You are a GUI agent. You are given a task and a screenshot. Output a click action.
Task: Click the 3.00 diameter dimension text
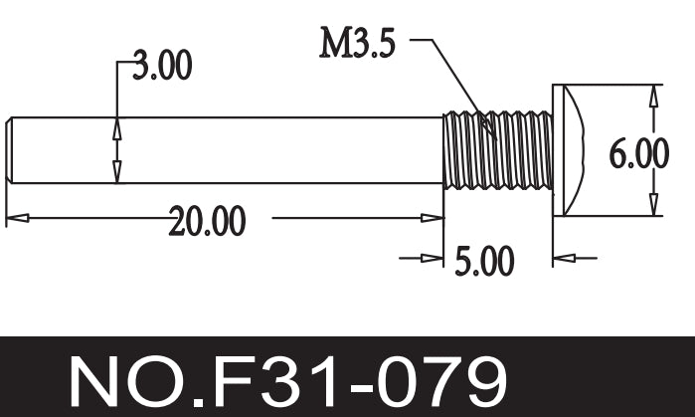162,67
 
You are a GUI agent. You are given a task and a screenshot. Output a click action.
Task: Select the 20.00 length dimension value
207,221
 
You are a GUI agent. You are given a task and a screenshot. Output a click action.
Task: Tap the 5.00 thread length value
484,262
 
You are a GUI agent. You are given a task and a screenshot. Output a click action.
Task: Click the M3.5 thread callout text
357,44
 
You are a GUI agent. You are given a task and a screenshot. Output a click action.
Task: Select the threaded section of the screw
497,150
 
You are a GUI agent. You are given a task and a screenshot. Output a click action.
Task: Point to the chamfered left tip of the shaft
10,150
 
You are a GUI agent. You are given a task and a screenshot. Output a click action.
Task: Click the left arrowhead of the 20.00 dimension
15,217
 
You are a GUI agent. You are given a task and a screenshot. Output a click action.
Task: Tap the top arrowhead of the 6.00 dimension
653,96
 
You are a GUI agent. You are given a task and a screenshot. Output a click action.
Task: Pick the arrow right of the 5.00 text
564,259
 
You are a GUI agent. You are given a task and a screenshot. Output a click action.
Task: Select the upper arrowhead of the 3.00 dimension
117,127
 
